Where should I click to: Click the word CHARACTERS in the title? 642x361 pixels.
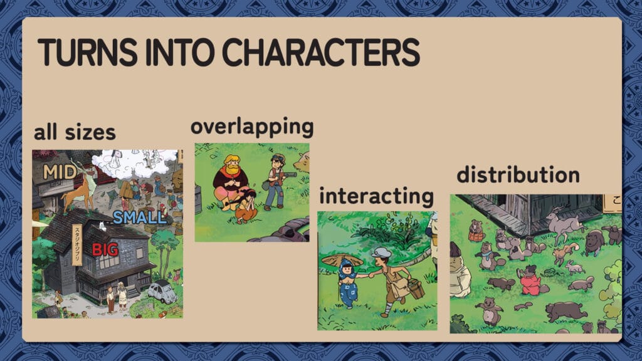(x=320, y=53)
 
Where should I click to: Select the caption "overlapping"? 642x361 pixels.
(x=252, y=127)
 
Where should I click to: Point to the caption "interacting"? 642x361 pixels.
(x=377, y=196)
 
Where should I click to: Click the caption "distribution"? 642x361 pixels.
(x=518, y=175)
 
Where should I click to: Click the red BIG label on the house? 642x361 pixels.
(x=105, y=249)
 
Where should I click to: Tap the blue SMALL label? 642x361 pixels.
(x=140, y=217)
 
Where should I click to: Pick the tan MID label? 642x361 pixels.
(x=60, y=172)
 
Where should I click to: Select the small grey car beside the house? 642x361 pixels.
(x=162, y=292)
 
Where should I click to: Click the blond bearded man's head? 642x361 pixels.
(x=232, y=164)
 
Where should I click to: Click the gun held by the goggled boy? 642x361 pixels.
(x=287, y=175)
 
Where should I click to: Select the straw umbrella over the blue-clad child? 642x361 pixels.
(x=342, y=260)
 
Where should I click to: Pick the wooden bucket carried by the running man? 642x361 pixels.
(x=416, y=288)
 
